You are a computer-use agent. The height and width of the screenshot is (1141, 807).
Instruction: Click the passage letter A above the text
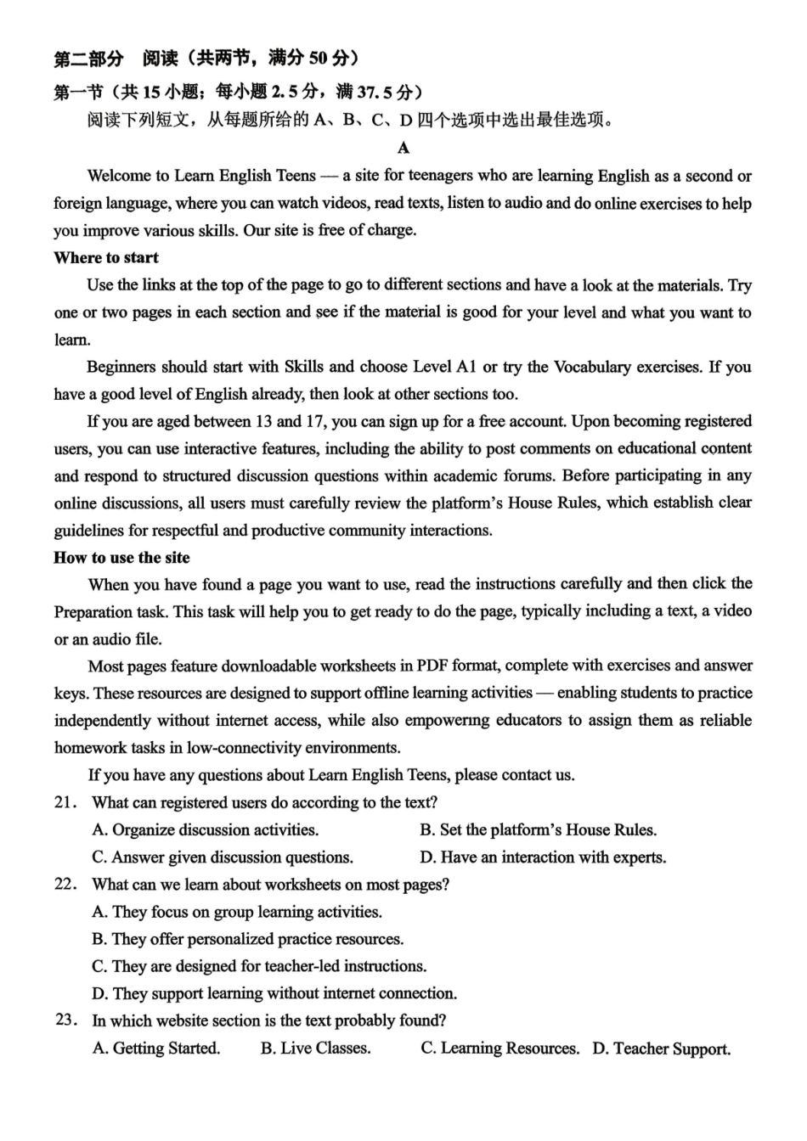(x=403, y=149)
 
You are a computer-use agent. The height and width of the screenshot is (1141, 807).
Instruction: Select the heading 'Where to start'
(x=106, y=258)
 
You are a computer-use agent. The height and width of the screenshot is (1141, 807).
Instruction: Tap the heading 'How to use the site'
(x=121, y=558)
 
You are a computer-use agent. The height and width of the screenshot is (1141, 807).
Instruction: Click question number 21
(x=65, y=802)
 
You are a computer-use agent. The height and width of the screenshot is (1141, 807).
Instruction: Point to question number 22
(x=65, y=884)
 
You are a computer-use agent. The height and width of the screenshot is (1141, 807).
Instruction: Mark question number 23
(x=65, y=1020)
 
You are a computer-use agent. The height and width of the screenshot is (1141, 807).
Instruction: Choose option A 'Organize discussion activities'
(x=206, y=830)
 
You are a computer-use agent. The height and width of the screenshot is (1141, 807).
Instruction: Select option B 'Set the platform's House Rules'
(x=538, y=830)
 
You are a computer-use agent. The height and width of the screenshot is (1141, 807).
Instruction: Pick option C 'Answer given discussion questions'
(x=223, y=857)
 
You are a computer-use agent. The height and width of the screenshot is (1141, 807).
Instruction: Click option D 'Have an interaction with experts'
(x=543, y=857)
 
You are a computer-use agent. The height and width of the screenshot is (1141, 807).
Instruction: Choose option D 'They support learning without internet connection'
(x=274, y=993)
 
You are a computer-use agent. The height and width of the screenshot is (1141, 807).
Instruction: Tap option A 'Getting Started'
(x=156, y=1048)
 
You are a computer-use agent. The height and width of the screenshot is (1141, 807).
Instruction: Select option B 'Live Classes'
(x=315, y=1048)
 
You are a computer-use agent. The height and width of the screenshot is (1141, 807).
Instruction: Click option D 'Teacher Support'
(x=661, y=1048)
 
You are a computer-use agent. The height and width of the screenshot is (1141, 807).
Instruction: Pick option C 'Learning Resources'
(x=499, y=1048)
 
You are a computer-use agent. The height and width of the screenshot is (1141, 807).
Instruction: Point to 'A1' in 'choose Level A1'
(x=466, y=368)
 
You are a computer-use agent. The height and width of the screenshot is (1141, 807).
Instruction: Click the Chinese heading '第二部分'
(x=88, y=59)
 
